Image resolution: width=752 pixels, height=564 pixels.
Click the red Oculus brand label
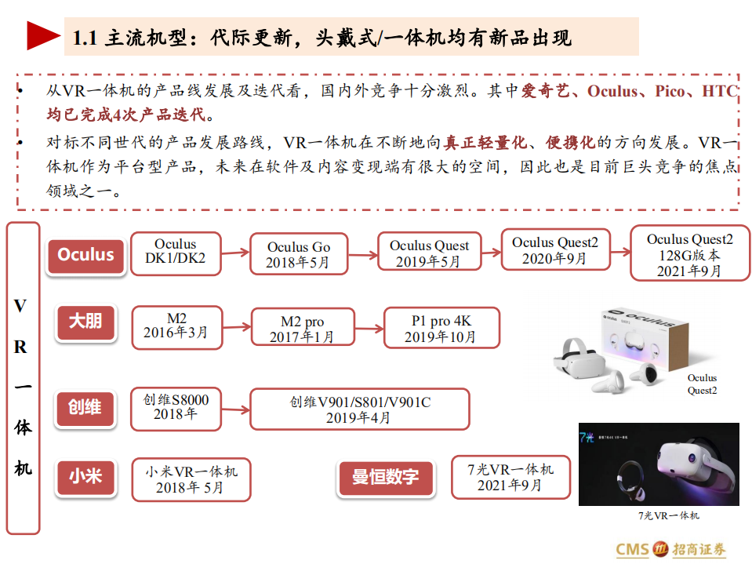pyautogui.click(x=86, y=256)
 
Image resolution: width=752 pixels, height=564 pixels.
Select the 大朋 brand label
pyautogui.click(x=85, y=322)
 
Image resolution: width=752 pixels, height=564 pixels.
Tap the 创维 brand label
pyautogui.click(x=85, y=408)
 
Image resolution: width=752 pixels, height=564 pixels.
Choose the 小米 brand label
pyautogui.click(x=85, y=475)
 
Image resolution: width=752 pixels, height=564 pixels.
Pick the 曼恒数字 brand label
pyautogui.click(x=385, y=476)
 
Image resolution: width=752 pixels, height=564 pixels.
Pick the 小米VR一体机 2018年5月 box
pyautogui.click(x=190, y=479)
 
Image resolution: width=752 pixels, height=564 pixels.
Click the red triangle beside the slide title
pyautogui.click(x=44, y=36)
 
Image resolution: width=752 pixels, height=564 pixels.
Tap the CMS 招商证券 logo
pyautogui.click(x=670, y=549)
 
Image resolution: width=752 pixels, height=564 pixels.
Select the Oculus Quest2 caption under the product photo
pyautogui.click(x=702, y=384)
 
